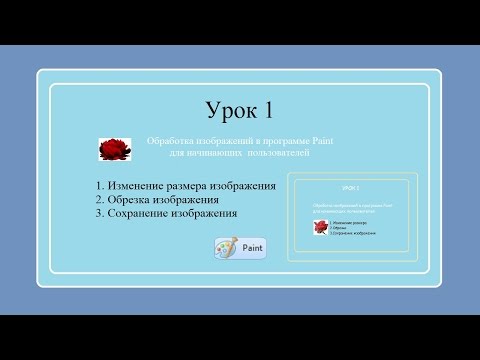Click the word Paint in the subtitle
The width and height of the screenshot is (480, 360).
pos(321,141)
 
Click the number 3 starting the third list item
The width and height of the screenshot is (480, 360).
pos(100,213)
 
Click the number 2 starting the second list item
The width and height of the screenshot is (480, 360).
pos(100,200)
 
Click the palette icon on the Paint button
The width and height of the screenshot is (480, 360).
pos(227,249)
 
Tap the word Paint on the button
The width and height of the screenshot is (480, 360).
pos(253,249)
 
